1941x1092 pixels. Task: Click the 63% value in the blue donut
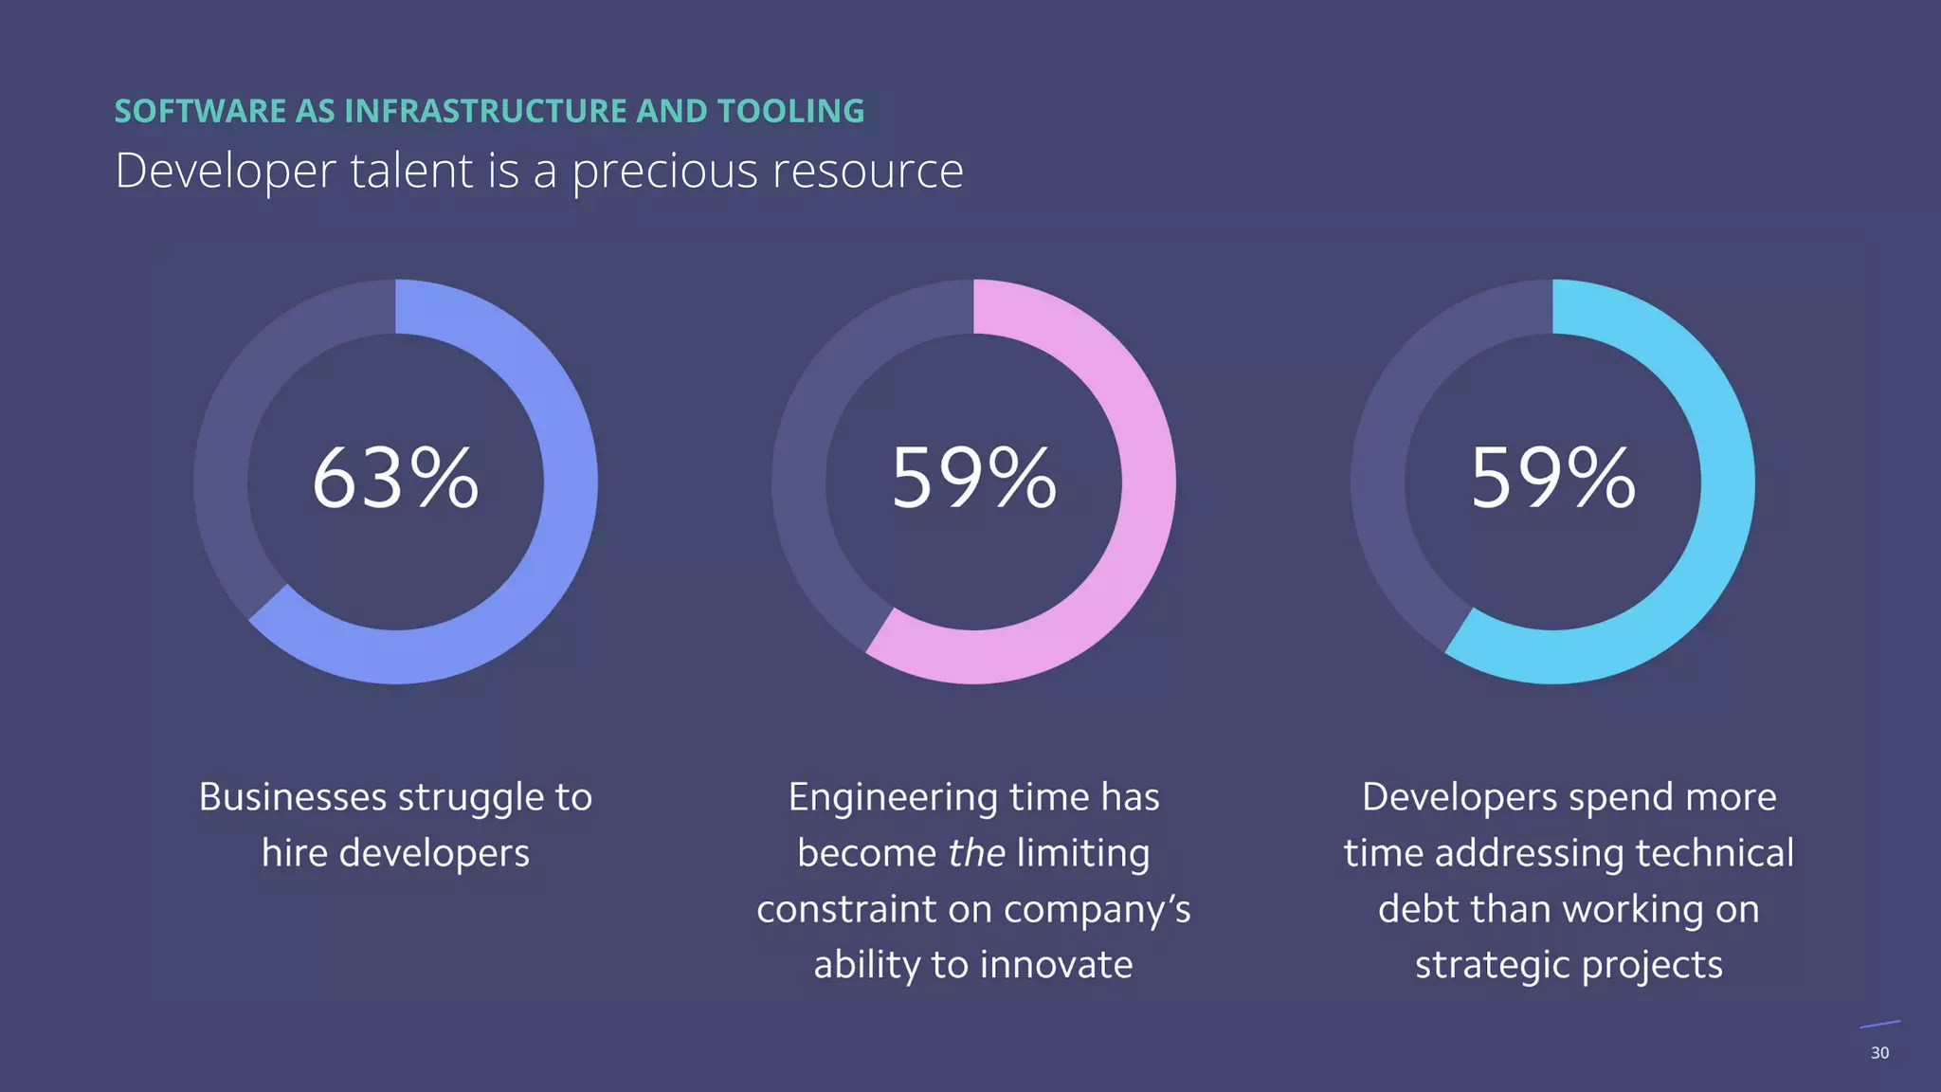395,479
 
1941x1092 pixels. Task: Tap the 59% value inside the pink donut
973,479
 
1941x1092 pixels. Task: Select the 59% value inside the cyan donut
1552,479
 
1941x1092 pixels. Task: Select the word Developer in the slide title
226,172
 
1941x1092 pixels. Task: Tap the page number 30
1879,1053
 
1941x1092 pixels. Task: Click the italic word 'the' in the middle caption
976,853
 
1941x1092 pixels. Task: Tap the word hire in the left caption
294,853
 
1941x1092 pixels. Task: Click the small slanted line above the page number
1880,1024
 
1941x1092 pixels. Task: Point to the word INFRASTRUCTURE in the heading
485,111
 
